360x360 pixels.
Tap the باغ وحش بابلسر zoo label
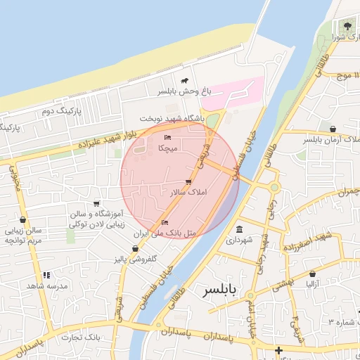pos(184,91)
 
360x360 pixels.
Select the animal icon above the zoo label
pos(184,81)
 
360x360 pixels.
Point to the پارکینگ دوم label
pos(62,111)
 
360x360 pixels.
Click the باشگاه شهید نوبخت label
pos(172,119)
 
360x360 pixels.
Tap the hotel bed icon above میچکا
pos(167,137)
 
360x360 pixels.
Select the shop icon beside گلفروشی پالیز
pos(136,249)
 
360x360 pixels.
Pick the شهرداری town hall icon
pos(240,230)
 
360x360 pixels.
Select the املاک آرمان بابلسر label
pos(331,140)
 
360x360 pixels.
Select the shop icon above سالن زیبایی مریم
pos(23,220)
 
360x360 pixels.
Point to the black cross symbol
pos(279,349)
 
